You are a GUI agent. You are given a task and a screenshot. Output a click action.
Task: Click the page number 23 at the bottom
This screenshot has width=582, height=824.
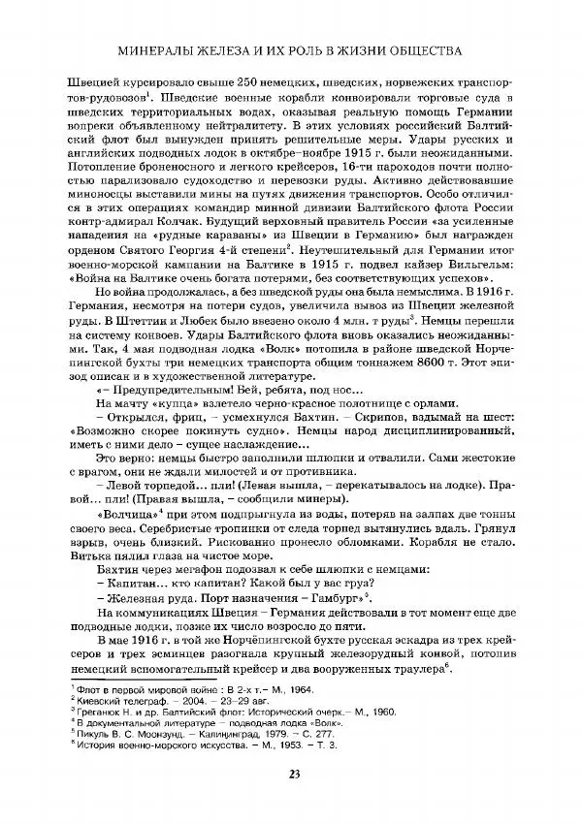[291, 773]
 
